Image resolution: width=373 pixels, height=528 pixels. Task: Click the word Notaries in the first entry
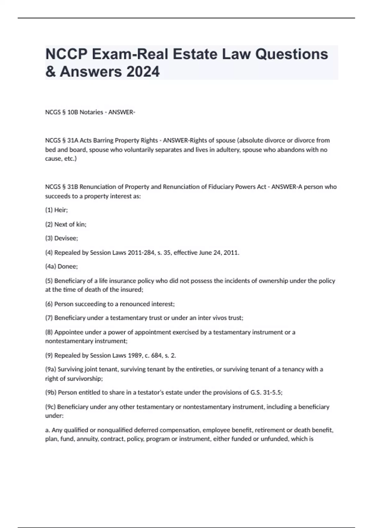(91, 112)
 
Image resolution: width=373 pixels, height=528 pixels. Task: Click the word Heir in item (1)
(61, 210)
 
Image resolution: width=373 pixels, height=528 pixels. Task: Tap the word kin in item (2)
(81, 224)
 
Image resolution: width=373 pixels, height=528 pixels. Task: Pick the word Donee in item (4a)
(67, 266)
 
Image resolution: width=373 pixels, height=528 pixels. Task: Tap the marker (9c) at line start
(51, 407)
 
